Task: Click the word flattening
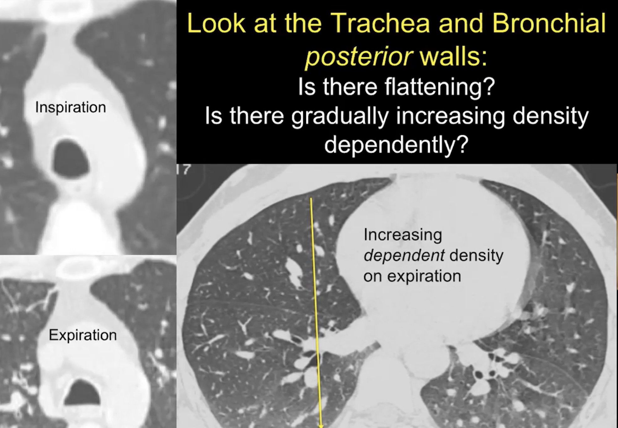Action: point(440,87)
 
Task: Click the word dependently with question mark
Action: point(396,145)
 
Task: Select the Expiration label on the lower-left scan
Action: point(83,335)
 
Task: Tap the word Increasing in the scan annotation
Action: point(403,235)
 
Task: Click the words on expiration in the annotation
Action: point(412,276)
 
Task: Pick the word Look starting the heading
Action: point(216,23)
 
